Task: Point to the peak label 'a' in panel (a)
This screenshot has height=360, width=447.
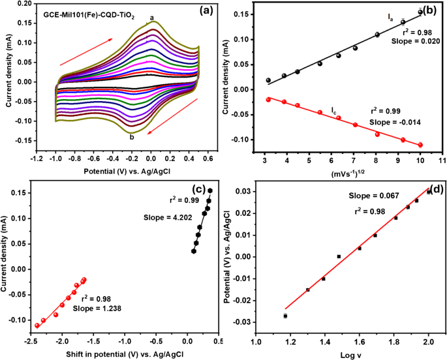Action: point(152,18)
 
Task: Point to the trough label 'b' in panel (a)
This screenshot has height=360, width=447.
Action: point(132,136)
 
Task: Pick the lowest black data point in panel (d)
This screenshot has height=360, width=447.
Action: point(285,316)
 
